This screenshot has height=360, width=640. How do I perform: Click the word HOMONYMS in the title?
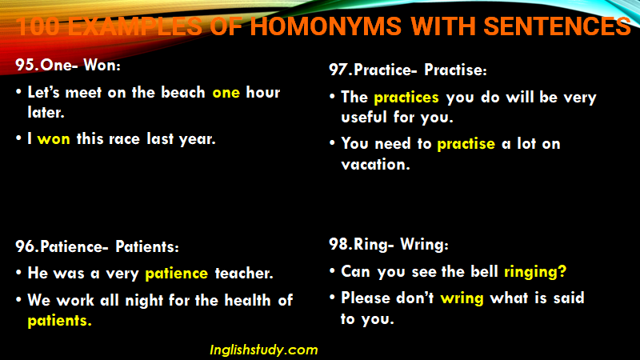326,26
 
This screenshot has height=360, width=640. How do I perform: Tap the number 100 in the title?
38,26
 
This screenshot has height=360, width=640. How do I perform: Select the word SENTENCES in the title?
557,26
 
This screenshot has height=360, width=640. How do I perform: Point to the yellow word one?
226,93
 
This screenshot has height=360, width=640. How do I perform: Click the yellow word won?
54,139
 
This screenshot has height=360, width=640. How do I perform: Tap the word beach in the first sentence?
183,92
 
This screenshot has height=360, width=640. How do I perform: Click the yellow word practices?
406,98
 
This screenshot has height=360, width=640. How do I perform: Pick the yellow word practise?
466,144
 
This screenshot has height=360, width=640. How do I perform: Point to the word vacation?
375,165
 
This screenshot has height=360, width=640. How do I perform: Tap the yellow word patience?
176,274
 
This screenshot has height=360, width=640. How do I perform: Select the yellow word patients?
59,322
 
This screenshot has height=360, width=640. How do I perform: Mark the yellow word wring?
462,298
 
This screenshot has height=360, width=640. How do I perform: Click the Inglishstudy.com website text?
264,350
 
